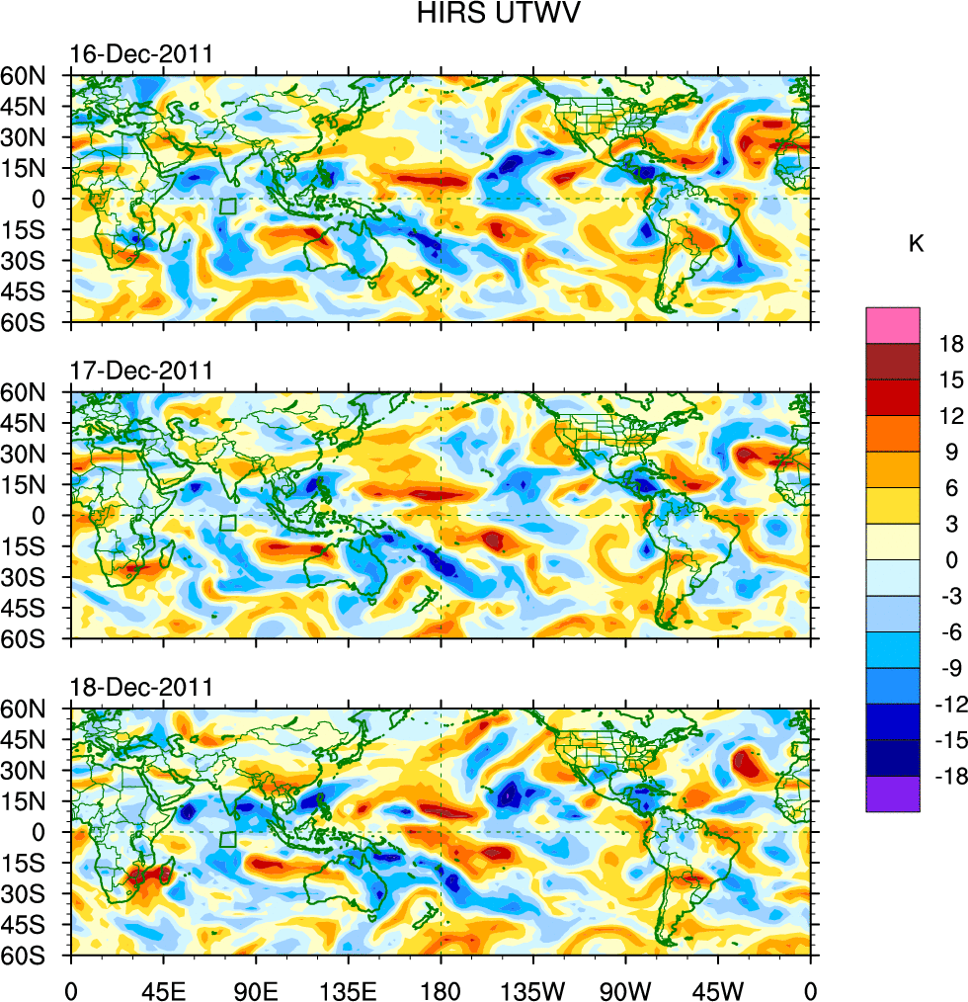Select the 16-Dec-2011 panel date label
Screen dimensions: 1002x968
(x=141, y=55)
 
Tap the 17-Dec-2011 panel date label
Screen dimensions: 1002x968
(x=141, y=373)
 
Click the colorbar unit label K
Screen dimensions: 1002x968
(x=916, y=244)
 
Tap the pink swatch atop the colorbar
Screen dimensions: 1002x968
(x=893, y=325)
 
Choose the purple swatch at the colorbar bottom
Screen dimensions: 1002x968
(x=893, y=793)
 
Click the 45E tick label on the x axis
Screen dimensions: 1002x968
(x=163, y=987)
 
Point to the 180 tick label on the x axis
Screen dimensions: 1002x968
(x=441, y=987)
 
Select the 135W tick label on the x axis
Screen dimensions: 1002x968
(x=532, y=987)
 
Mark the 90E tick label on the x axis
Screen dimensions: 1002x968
(x=256, y=987)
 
